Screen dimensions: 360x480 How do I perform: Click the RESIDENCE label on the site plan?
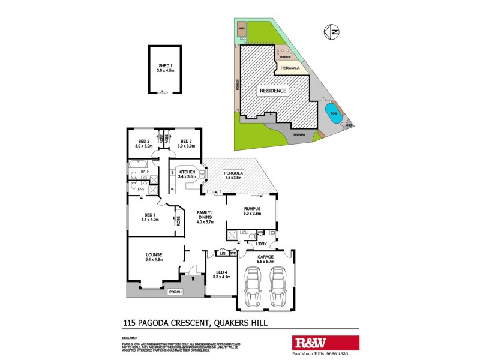tap(273, 91)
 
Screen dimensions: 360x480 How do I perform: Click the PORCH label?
tap(175, 292)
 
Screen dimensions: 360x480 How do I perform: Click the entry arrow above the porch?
tap(193, 278)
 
